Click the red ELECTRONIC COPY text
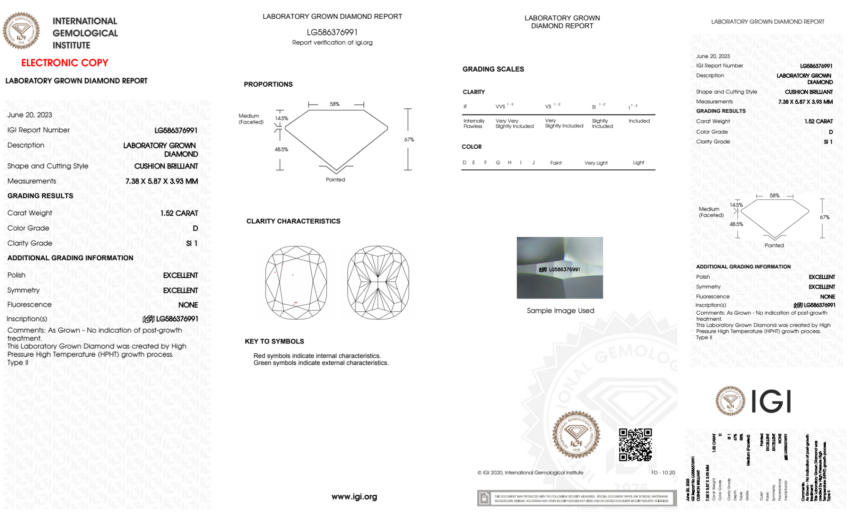65,63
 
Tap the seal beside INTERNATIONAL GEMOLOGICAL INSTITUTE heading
21,31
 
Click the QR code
635,445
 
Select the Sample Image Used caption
560,310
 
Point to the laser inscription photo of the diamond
560,268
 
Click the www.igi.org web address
354,497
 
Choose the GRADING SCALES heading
493,69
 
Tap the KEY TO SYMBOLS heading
274,341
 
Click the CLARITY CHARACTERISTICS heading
293,221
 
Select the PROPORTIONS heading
268,84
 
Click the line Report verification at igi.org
332,42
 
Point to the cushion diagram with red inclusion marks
296,283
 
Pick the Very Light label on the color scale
596,163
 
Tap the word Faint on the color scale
556,163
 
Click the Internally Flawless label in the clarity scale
474,123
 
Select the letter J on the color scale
533,163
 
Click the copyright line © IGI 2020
530,473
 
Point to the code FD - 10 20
663,473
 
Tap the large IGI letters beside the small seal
771,401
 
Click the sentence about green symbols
321,363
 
